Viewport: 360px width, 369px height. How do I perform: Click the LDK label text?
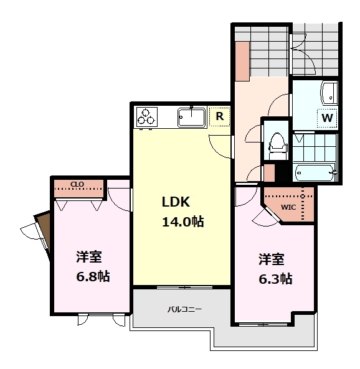(x=176, y=202)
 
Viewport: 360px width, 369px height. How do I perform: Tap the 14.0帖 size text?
(x=183, y=222)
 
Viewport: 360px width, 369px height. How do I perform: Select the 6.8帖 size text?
(x=93, y=276)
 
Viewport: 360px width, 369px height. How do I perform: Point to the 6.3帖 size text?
(x=275, y=279)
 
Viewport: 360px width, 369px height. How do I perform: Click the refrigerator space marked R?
(x=220, y=116)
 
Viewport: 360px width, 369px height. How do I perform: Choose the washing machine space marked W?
(x=327, y=118)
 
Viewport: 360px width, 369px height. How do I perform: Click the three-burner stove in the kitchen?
(x=147, y=117)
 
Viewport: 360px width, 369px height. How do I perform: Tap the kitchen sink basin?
(x=191, y=117)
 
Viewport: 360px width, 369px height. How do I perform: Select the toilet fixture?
(x=277, y=146)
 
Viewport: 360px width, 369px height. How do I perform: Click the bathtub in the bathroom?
(x=315, y=172)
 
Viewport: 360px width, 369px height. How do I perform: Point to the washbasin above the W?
(x=329, y=93)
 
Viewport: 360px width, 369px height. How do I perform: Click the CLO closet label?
(x=77, y=184)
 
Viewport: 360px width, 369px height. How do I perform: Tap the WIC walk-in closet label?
(x=288, y=207)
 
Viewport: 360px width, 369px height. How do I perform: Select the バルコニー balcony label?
(x=184, y=309)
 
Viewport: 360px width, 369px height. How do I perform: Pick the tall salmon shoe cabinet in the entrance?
(x=242, y=62)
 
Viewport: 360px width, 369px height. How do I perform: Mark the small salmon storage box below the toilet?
(x=269, y=173)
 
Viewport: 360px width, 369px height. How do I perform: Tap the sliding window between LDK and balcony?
(x=185, y=287)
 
